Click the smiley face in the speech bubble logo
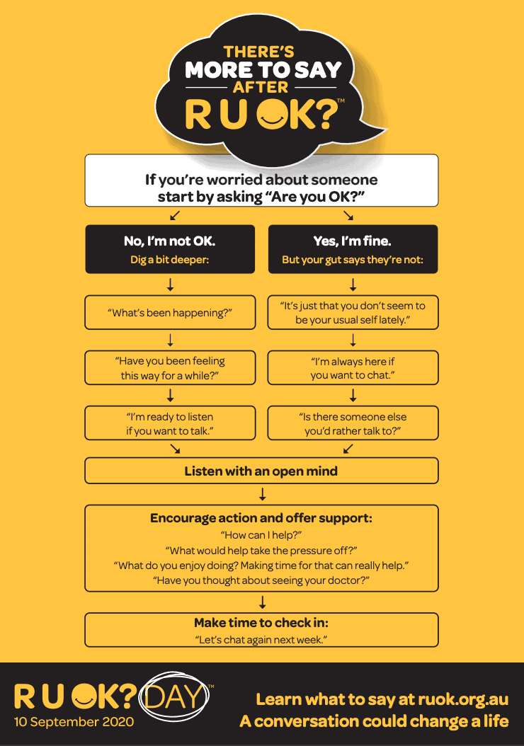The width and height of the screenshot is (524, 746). [x=272, y=114]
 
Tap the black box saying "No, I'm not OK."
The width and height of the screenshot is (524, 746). [x=170, y=249]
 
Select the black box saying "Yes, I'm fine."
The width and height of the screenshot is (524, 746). [x=353, y=249]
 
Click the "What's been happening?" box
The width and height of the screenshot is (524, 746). [x=170, y=312]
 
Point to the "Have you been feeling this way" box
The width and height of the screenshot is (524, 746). [x=170, y=367]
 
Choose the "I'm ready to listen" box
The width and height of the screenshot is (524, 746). [x=170, y=423]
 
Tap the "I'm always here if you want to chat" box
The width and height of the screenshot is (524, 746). [x=353, y=367]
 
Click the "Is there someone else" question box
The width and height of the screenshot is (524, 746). [x=353, y=423]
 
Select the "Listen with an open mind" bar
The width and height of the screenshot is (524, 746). [x=261, y=471]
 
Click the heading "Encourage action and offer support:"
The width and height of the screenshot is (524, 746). [x=261, y=517]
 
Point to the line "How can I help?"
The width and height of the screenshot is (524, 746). [x=261, y=535]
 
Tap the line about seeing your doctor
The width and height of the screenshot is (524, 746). [x=261, y=580]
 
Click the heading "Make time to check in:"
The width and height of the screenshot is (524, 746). [x=261, y=622]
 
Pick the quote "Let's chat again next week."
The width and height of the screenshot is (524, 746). [x=261, y=639]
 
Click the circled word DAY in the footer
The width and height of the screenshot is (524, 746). [x=173, y=696]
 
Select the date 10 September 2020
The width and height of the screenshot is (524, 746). [x=74, y=722]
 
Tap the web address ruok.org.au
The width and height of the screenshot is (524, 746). [x=463, y=699]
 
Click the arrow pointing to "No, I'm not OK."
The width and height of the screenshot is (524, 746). [x=175, y=216]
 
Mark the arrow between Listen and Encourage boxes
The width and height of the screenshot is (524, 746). [x=262, y=494]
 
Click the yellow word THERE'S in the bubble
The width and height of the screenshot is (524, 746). [x=259, y=52]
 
